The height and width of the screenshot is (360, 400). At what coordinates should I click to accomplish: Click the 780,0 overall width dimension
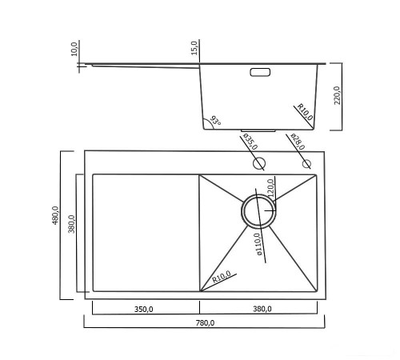[x=205, y=323]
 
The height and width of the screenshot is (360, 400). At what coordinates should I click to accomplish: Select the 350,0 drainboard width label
[x=143, y=310]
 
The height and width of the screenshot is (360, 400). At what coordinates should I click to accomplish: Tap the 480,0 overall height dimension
[x=55, y=215]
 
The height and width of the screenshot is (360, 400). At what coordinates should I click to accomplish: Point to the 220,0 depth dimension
[x=338, y=95]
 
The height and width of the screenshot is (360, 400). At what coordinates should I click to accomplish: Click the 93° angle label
[x=215, y=121]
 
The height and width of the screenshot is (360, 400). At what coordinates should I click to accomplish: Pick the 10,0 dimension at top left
[x=74, y=49]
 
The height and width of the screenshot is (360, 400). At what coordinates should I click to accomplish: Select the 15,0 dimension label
[x=194, y=48]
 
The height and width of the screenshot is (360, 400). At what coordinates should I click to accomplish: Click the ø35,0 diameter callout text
[x=250, y=142]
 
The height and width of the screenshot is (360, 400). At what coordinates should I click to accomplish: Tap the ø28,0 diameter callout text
[x=298, y=142]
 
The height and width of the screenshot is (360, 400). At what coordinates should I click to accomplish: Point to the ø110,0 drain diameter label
[x=258, y=244]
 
